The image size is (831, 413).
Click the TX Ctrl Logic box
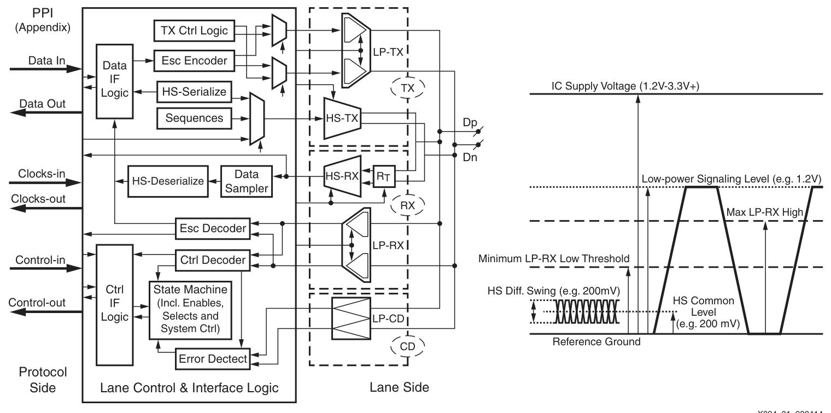point(194,31)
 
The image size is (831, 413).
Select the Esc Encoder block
point(194,61)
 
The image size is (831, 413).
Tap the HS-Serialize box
point(194,92)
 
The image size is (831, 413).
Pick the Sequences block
point(194,118)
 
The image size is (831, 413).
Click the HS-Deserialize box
point(168,181)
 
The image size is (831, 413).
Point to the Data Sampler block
point(247,181)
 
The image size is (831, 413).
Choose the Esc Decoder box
point(213,228)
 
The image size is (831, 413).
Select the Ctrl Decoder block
point(213,260)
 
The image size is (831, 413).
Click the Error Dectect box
point(213,359)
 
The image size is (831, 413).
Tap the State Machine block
point(190,310)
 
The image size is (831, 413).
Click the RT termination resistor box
point(384,176)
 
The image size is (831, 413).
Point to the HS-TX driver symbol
point(342,118)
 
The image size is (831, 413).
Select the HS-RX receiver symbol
point(342,176)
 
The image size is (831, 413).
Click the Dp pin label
point(470,122)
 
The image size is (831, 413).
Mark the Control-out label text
point(37,303)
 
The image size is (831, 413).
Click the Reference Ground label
point(596,341)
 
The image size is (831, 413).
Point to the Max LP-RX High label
point(765,213)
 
